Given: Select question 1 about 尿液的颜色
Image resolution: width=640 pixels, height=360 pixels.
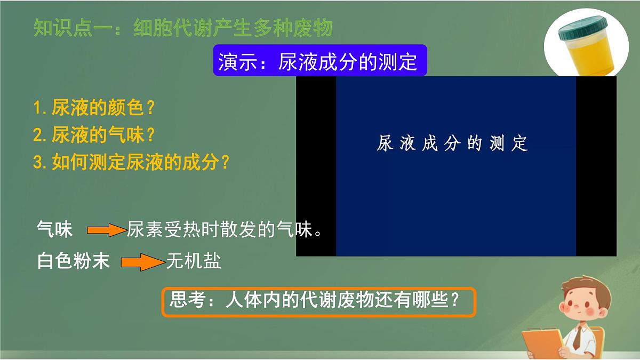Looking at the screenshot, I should [94, 108].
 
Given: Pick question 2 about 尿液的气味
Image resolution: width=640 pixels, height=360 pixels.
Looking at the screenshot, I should [94, 135].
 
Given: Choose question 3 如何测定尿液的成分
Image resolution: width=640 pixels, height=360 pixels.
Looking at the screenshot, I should [131, 162].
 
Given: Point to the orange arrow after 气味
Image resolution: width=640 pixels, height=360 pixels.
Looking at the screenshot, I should [106, 230].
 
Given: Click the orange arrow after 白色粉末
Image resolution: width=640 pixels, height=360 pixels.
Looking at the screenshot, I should [142, 262].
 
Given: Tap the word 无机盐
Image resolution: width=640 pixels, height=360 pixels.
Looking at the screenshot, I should [194, 261].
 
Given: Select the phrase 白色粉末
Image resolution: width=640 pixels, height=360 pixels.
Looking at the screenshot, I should [74, 261].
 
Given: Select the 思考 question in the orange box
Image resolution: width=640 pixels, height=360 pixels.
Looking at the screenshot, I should [318, 302].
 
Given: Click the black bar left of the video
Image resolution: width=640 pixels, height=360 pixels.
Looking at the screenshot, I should [316, 166].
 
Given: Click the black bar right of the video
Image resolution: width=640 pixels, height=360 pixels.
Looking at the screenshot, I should [596, 166].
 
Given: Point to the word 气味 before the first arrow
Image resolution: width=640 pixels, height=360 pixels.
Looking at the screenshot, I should [54, 230].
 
